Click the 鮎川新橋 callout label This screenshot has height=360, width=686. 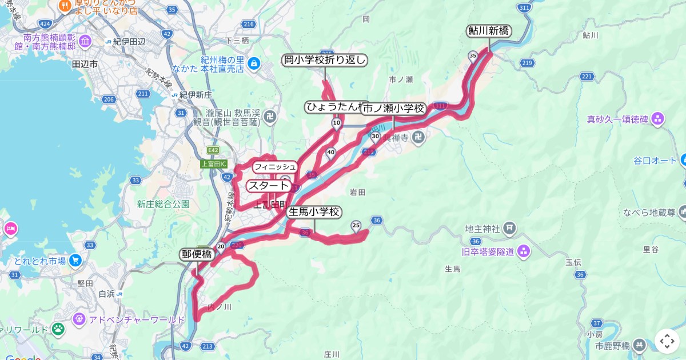[x=489, y=31]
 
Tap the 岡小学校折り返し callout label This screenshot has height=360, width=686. [x=324, y=60]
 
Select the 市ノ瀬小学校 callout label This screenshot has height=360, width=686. [x=393, y=108]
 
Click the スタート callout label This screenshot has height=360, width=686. [x=268, y=186]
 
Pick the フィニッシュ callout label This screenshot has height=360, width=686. [x=275, y=167]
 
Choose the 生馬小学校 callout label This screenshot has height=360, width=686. [x=314, y=212]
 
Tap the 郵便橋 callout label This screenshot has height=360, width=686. [x=197, y=254]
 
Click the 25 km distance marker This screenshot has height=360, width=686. [x=356, y=225]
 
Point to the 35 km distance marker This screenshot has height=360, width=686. [x=472, y=55]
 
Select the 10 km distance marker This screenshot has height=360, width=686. [x=337, y=123]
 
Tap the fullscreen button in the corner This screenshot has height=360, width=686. [x=667, y=341]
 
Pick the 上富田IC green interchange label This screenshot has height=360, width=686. [x=214, y=164]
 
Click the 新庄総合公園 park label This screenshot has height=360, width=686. [x=163, y=203]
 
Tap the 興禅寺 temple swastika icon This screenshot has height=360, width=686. [x=419, y=137]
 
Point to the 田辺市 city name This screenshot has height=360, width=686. [x=85, y=64]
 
